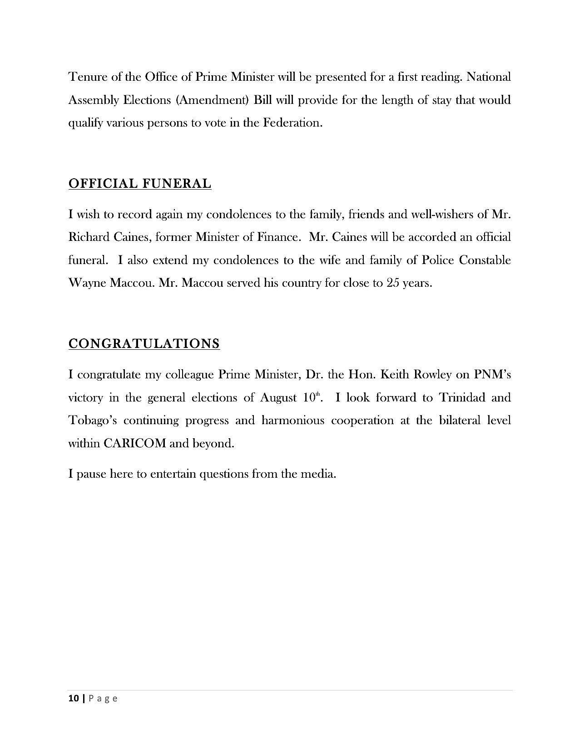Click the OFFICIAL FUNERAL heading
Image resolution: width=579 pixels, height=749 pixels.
[x=140, y=184]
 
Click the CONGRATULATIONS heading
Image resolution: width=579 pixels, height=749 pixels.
[x=144, y=343]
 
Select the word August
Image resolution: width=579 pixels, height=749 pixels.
[x=278, y=398]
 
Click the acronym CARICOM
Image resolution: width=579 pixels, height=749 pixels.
[x=135, y=444]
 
